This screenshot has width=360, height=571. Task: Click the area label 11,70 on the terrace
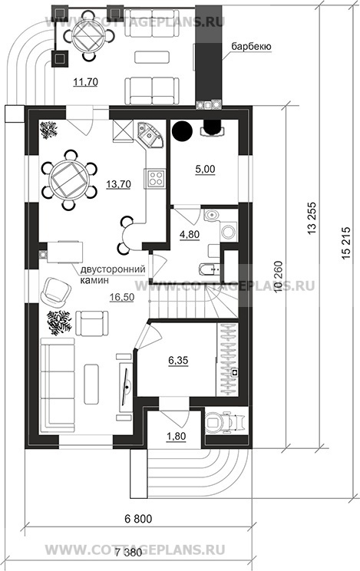point(85,82)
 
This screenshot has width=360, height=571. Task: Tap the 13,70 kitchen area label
point(118,184)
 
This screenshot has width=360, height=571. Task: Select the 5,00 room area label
point(205,169)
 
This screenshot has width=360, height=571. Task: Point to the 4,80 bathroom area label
point(190,235)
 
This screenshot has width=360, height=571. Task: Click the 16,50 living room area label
point(122,297)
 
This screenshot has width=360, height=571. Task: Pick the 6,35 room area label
point(178,360)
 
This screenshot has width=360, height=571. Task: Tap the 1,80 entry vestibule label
point(176,435)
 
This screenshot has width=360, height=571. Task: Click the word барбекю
point(251,47)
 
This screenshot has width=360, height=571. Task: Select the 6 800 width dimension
point(138,519)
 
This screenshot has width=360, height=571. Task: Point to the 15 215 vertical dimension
point(346,243)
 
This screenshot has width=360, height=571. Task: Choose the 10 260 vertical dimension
point(278,277)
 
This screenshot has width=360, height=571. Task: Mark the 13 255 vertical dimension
point(312,218)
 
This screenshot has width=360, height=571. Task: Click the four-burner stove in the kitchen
point(156,178)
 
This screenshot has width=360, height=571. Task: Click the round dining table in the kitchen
point(70,180)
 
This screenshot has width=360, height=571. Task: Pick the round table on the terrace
point(88,35)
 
